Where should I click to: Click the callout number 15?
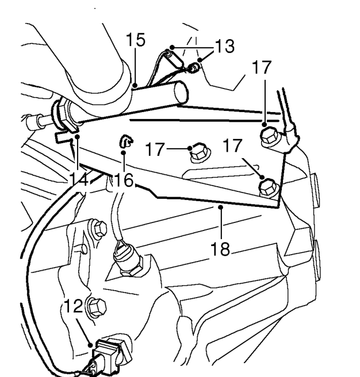[136, 40]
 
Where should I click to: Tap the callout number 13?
[224, 46]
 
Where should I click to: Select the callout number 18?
[220, 249]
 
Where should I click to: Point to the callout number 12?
[73, 306]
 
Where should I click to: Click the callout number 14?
[79, 180]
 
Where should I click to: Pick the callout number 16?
[124, 180]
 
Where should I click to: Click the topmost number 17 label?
[262, 67]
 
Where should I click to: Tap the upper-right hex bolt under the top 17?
[269, 137]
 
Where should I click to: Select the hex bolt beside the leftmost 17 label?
[199, 153]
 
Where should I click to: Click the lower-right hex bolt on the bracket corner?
[267, 188]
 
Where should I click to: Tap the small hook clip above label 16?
[126, 141]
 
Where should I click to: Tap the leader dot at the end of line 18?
[220, 207]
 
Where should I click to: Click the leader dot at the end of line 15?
[136, 85]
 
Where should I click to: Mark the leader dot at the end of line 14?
[77, 137]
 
